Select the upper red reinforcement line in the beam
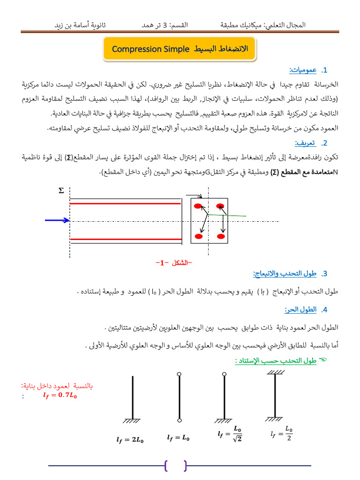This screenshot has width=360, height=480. pos(126,203)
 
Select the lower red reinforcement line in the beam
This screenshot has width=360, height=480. pos(126,240)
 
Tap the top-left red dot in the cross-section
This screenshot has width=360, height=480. pos(198,206)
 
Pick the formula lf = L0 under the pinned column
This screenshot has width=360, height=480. pos(179,438)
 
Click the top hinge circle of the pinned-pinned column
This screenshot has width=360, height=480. pos(179,374)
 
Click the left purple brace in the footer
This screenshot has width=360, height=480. pos(167,465)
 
